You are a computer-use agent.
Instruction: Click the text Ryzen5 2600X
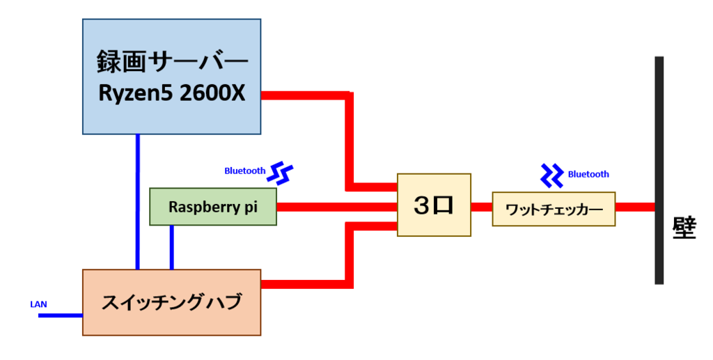[x=172, y=93]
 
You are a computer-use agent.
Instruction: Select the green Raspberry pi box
[x=213, y=207]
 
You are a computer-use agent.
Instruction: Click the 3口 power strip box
[x=434, y=205]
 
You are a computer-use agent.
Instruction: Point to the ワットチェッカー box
[x=554, y=209]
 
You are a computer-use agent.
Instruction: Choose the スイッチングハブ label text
[x=171, y=302]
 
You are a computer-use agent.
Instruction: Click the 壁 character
[x=684, y=228]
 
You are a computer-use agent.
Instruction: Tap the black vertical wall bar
[x=659, y=171]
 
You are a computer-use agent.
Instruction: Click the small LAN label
[x=39, y=304]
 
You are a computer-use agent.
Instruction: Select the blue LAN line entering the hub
[x=61, y=315]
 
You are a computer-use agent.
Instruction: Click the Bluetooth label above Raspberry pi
[x=244, y=171]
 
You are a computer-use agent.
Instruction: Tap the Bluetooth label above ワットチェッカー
[x=588, y=174]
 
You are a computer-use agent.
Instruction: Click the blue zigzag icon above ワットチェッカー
[x=552, y=176]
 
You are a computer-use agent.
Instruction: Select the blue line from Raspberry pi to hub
[x=172, y=247]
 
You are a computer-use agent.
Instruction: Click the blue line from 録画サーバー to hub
[x=138, y=202]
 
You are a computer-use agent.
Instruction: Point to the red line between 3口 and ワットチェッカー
[x=482, y=208]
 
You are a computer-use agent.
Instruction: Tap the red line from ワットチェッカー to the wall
[x=635, y=208]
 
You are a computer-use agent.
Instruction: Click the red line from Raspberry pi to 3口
[x=336, y=208]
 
